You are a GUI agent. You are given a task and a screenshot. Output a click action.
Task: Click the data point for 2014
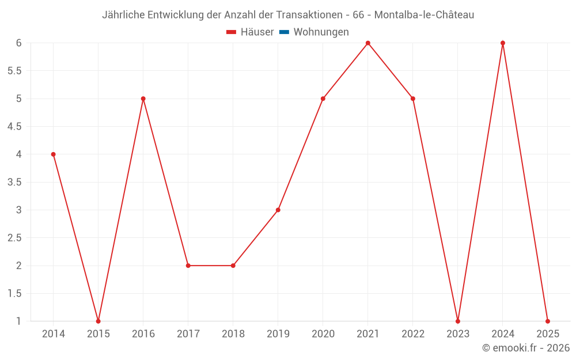point(53,154)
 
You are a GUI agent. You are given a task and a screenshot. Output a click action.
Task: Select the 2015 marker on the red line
point(98,321)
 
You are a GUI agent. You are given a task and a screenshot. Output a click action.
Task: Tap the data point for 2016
point(143,98)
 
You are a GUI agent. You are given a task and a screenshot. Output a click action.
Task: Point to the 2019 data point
point(278,210)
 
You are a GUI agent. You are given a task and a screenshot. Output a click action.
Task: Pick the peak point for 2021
point(367,43)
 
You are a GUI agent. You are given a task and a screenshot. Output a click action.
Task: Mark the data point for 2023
point(458,321)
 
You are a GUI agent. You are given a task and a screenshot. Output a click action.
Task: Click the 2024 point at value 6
point(503,43)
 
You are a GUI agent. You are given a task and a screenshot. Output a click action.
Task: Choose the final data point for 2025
point(548,321)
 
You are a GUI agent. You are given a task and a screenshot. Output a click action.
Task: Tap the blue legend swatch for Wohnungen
point(284,32)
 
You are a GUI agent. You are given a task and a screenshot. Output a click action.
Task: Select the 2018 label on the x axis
point(233,334)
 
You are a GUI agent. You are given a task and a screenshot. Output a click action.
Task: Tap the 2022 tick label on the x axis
point(413,334)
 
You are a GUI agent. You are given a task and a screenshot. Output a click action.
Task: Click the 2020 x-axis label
point(323,334)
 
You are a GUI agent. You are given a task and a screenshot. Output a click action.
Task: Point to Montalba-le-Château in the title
point(424,15)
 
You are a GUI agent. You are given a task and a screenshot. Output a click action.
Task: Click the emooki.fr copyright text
point(525,348)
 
